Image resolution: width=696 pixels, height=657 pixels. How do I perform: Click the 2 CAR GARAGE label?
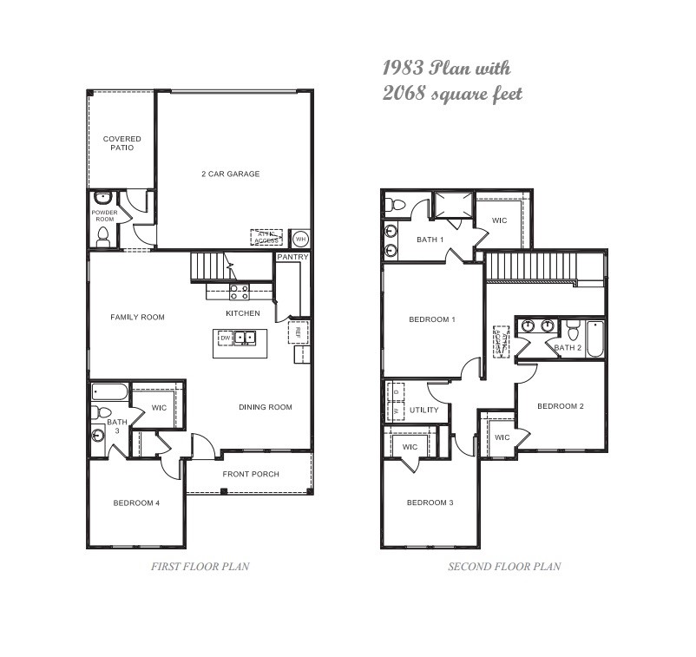point(230,174)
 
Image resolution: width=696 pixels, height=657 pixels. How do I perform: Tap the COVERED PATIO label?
point(121,143)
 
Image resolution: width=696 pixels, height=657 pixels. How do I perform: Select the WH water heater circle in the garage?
point(300,238)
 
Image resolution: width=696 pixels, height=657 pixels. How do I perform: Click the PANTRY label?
point(292,258)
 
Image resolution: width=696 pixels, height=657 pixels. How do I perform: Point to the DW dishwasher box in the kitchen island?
point(225,338)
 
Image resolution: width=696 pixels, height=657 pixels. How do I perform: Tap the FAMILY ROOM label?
point(137,317)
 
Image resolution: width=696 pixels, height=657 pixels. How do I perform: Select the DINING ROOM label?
point(266,407)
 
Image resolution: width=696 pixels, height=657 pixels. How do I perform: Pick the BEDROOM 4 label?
point(135,503)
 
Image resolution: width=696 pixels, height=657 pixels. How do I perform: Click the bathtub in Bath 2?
point(594,338)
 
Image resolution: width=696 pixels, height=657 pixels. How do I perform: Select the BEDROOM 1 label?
point(432,319)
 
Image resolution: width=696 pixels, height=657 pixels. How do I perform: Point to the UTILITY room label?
point(424,410)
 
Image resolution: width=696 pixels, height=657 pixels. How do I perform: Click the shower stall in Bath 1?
point(453,205)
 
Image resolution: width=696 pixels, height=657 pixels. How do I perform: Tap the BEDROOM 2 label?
point(560,406)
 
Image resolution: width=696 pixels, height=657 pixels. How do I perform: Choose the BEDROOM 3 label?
point(430,503)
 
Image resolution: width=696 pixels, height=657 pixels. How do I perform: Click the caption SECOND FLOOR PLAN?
point(503,567)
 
